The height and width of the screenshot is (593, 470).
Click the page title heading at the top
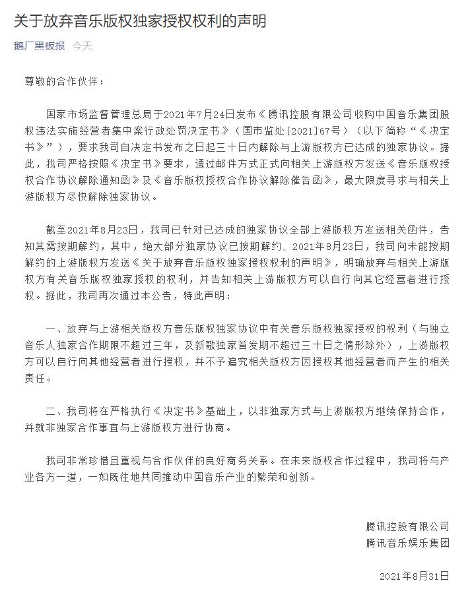click(140, 21)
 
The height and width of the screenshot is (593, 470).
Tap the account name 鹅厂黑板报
click(40, 46)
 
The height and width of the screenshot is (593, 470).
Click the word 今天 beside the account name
click(83, 46)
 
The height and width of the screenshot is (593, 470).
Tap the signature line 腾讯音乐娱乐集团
click(407, 544)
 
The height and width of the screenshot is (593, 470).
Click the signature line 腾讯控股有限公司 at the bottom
click(407, 526)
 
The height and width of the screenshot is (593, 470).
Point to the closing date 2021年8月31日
click(415, 577)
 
